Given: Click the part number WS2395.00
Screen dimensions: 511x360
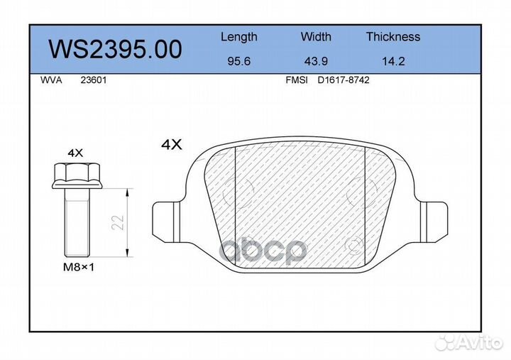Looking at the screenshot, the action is pyautogui.click(x=116, y=49).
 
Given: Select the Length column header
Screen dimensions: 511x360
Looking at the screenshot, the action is pyautogui.click(x=239, y=37).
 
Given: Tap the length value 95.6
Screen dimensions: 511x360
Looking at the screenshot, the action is pyautogui.click(x=239, y=61).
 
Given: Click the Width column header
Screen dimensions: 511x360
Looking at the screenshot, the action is pyautogui.click(x=316, y=36).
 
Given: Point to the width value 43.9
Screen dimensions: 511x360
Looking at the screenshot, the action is pyautogui.click(x=316, y=61).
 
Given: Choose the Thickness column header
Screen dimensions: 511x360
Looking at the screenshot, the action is pyautogui.click(x=393, y=36).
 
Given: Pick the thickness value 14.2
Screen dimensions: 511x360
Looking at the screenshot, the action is pyautogui.click(x=393, y=61).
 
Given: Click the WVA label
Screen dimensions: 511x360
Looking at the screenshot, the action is pyautogui.click(x=51, y=80).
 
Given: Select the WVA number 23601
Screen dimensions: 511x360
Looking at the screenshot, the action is pyautogui.click(x=94, y=80).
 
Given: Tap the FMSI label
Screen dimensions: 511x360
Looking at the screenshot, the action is pyautogui.click(x=297, y=80).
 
